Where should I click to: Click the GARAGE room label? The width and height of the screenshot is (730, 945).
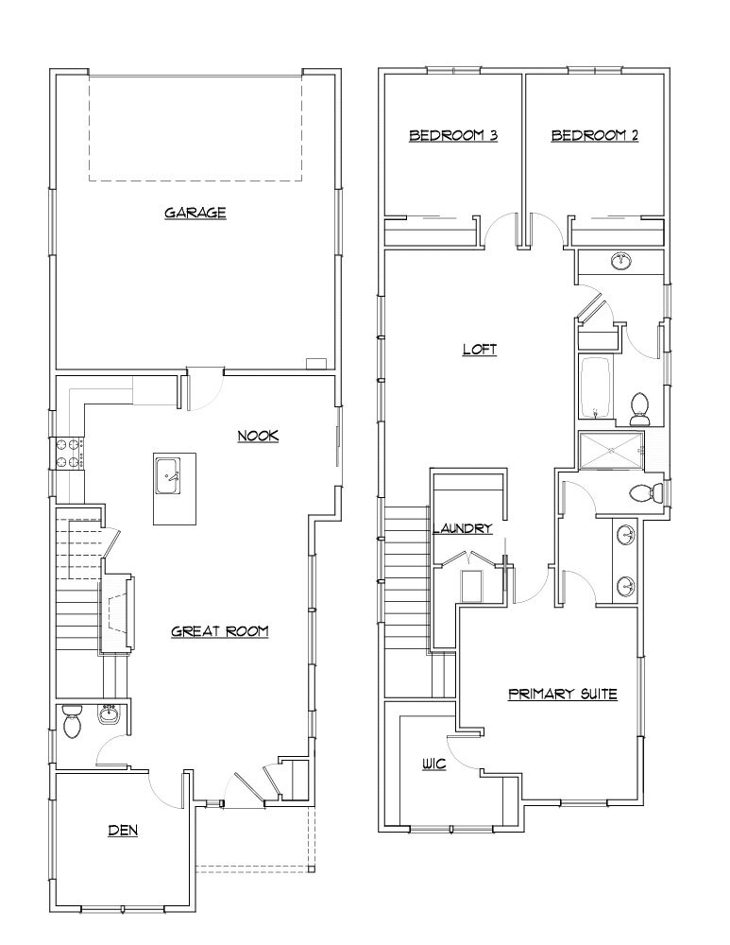[195, 213]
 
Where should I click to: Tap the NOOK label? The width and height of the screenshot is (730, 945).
[257, 436]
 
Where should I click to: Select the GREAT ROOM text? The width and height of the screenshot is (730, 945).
[220, 631]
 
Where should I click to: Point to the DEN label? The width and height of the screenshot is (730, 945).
[123, 831]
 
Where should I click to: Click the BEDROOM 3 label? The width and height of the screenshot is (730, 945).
[453, 135]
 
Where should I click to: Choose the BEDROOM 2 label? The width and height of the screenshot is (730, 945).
[595, 135]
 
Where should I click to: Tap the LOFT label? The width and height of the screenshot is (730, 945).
[479, 349]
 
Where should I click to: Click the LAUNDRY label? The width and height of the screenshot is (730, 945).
[463, 528]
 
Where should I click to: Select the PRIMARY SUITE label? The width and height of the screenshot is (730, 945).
[562, 695]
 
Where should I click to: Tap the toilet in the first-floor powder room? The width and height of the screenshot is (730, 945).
[72, 725]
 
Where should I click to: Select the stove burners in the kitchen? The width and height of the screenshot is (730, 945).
[69, 453]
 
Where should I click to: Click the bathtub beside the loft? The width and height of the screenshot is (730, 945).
[596, 387]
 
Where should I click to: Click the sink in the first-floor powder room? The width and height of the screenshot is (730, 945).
[107, 715]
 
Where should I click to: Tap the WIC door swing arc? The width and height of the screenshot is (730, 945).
[459, 751]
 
